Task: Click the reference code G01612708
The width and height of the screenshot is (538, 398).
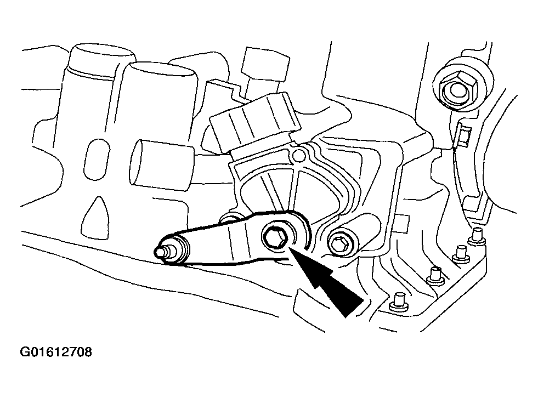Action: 56,352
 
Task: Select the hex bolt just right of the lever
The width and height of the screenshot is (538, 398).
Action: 340,244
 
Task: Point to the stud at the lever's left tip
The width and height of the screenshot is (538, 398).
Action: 162,252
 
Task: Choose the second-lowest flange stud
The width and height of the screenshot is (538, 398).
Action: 435,276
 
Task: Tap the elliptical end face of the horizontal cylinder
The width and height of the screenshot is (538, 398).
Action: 137,163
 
